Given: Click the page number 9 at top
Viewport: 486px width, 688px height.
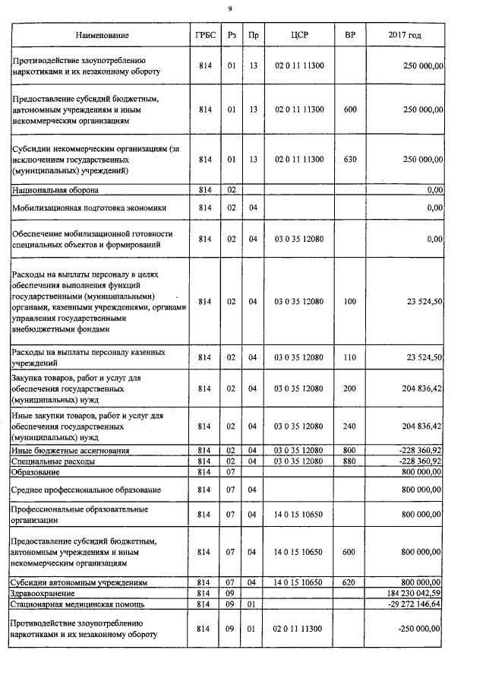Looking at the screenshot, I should point(231,8).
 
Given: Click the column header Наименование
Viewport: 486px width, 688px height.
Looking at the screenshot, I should point(102,36).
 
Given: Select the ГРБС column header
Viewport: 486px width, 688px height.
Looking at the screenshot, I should point(205,36).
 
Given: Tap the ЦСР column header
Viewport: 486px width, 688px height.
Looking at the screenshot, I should point(299,36).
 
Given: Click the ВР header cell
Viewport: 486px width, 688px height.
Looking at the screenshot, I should point(350,36).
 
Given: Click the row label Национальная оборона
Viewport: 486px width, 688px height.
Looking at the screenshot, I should point(55,189).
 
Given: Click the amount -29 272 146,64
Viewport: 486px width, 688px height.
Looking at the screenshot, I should point(410,604).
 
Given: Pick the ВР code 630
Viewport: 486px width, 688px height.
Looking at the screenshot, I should point(350,159).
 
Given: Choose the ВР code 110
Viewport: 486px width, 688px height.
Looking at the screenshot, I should point(350,357).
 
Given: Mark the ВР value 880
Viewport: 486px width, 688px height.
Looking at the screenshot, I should point(350,461).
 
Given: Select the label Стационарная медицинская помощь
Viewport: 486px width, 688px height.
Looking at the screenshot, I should point(80,604).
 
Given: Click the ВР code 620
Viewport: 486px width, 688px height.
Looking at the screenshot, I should point(350,582).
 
